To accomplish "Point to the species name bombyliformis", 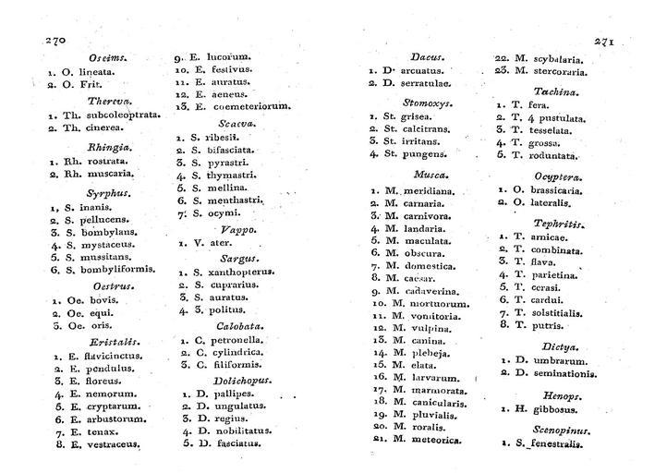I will (112, 270).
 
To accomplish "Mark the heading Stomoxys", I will (426, 102).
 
